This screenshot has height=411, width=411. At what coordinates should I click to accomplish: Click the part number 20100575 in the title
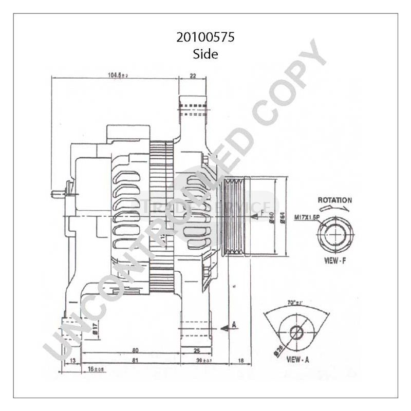pos(206,38)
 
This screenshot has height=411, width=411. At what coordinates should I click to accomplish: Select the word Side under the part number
pos(206,53)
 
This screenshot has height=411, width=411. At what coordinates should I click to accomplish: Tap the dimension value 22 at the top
pos(193,76)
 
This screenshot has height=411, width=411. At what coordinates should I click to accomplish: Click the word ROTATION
pos(334,200)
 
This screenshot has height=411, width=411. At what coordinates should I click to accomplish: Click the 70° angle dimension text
pos(295,304)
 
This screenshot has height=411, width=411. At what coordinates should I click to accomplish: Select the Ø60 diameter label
pos(271,217)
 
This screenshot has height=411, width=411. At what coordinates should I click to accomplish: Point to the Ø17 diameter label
pos(96,327)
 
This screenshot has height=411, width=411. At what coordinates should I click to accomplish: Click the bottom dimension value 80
pos(135,351)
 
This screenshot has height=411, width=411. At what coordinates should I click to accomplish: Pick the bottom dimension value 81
pos(135,361)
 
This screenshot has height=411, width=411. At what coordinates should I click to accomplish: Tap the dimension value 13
pos(72,361)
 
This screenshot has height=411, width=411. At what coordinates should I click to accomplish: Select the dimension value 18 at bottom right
pos(241,361)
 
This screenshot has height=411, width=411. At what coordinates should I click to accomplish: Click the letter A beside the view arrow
pos(234,324)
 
